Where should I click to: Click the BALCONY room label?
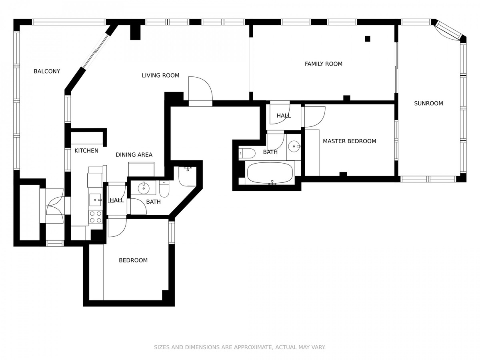47,71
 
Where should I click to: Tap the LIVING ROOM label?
160,76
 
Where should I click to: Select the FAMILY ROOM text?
324,64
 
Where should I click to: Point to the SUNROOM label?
428,103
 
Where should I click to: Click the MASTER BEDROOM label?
350,141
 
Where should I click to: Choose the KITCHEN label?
86,151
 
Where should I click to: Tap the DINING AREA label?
134,155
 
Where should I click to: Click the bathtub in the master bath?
270,173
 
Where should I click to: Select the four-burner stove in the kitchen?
96,217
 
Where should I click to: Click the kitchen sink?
95,200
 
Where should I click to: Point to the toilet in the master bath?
247,153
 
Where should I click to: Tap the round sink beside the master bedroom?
294,146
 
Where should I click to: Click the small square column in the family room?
367,39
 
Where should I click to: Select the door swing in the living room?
200,88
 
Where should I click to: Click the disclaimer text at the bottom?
240,347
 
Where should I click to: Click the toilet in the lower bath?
164,189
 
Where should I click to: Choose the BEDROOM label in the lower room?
133,260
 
